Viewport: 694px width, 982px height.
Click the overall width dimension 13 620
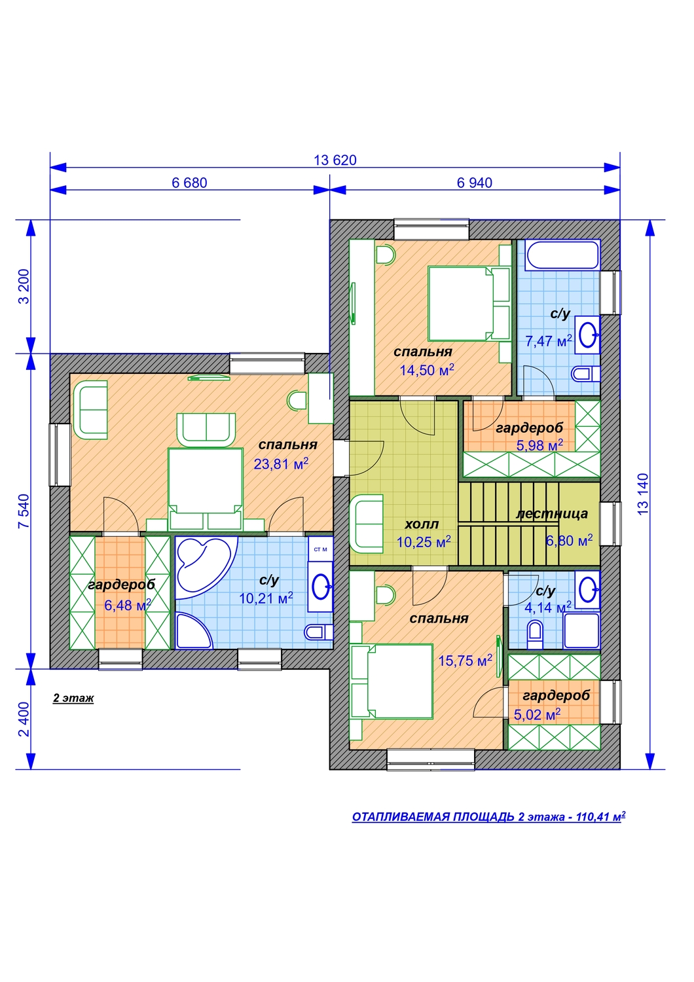tap(335, 160)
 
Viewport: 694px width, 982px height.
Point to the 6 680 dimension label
tap(189, 183)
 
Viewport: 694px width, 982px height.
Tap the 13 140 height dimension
tap(643, 494)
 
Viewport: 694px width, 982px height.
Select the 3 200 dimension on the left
tap(24, 286)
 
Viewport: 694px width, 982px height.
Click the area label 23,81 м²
tap(281, 464)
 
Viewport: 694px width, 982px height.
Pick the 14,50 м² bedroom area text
tap(427, 370)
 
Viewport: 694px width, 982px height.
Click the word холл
tap(421, 524)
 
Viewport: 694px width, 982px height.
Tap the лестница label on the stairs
tap(551, 513)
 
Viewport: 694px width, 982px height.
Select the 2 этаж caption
tap(73, 698)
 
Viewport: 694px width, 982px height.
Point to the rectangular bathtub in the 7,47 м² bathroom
tap(563, 254)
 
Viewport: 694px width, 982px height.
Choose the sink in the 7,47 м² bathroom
tap(587, 335)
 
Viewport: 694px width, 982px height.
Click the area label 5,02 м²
tap(537, 714)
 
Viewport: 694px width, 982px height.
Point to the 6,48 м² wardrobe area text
tap(128, 605)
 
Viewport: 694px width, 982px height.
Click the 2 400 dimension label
tap(24, 719)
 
